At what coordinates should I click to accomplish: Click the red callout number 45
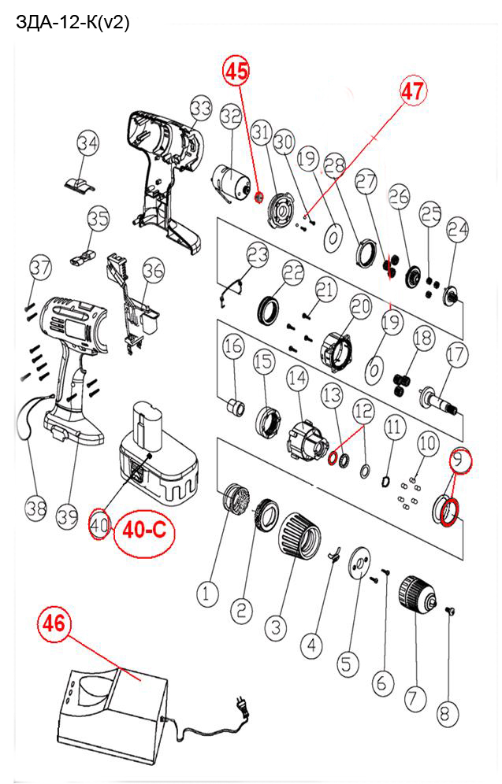[236, 71]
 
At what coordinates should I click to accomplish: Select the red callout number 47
[412, 91]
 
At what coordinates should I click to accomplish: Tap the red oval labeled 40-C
[145, 531]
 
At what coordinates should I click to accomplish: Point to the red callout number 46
[54, 623]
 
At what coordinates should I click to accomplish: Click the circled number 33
[201, 109]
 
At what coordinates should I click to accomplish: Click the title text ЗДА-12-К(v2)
[73, 23]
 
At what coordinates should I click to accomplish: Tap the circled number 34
[87, 143]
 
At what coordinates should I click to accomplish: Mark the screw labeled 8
[449, 610]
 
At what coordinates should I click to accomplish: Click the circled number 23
[258, 255]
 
